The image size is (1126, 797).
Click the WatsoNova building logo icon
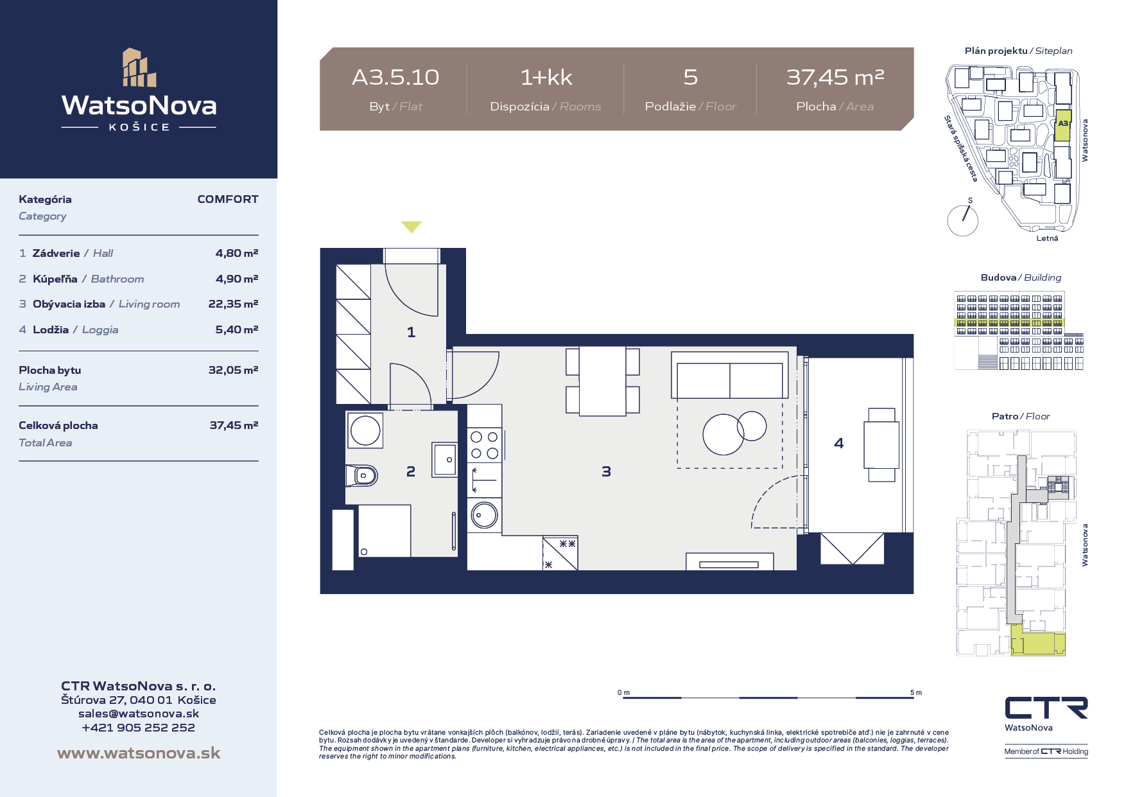(139, 67)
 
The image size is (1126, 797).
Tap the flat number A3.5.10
(395, 78)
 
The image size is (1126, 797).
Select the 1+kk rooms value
(546, 78)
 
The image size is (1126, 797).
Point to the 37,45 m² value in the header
(835, 78)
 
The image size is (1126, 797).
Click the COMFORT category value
(228, 199)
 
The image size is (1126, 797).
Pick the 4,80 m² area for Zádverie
(237, 253)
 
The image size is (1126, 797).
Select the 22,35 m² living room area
(233, 304)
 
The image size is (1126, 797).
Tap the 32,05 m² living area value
(233, 370)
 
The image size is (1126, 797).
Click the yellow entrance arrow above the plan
(411, 226)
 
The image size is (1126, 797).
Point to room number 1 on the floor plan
(411, 332)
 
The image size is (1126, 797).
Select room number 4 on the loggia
(839, 443)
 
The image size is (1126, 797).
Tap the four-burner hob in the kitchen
(485, 445)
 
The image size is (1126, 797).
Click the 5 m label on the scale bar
(916, 692)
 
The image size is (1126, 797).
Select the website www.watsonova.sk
(139, 753)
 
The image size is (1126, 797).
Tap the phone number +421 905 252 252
(139, 728)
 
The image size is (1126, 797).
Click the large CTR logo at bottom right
(1046, 708)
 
